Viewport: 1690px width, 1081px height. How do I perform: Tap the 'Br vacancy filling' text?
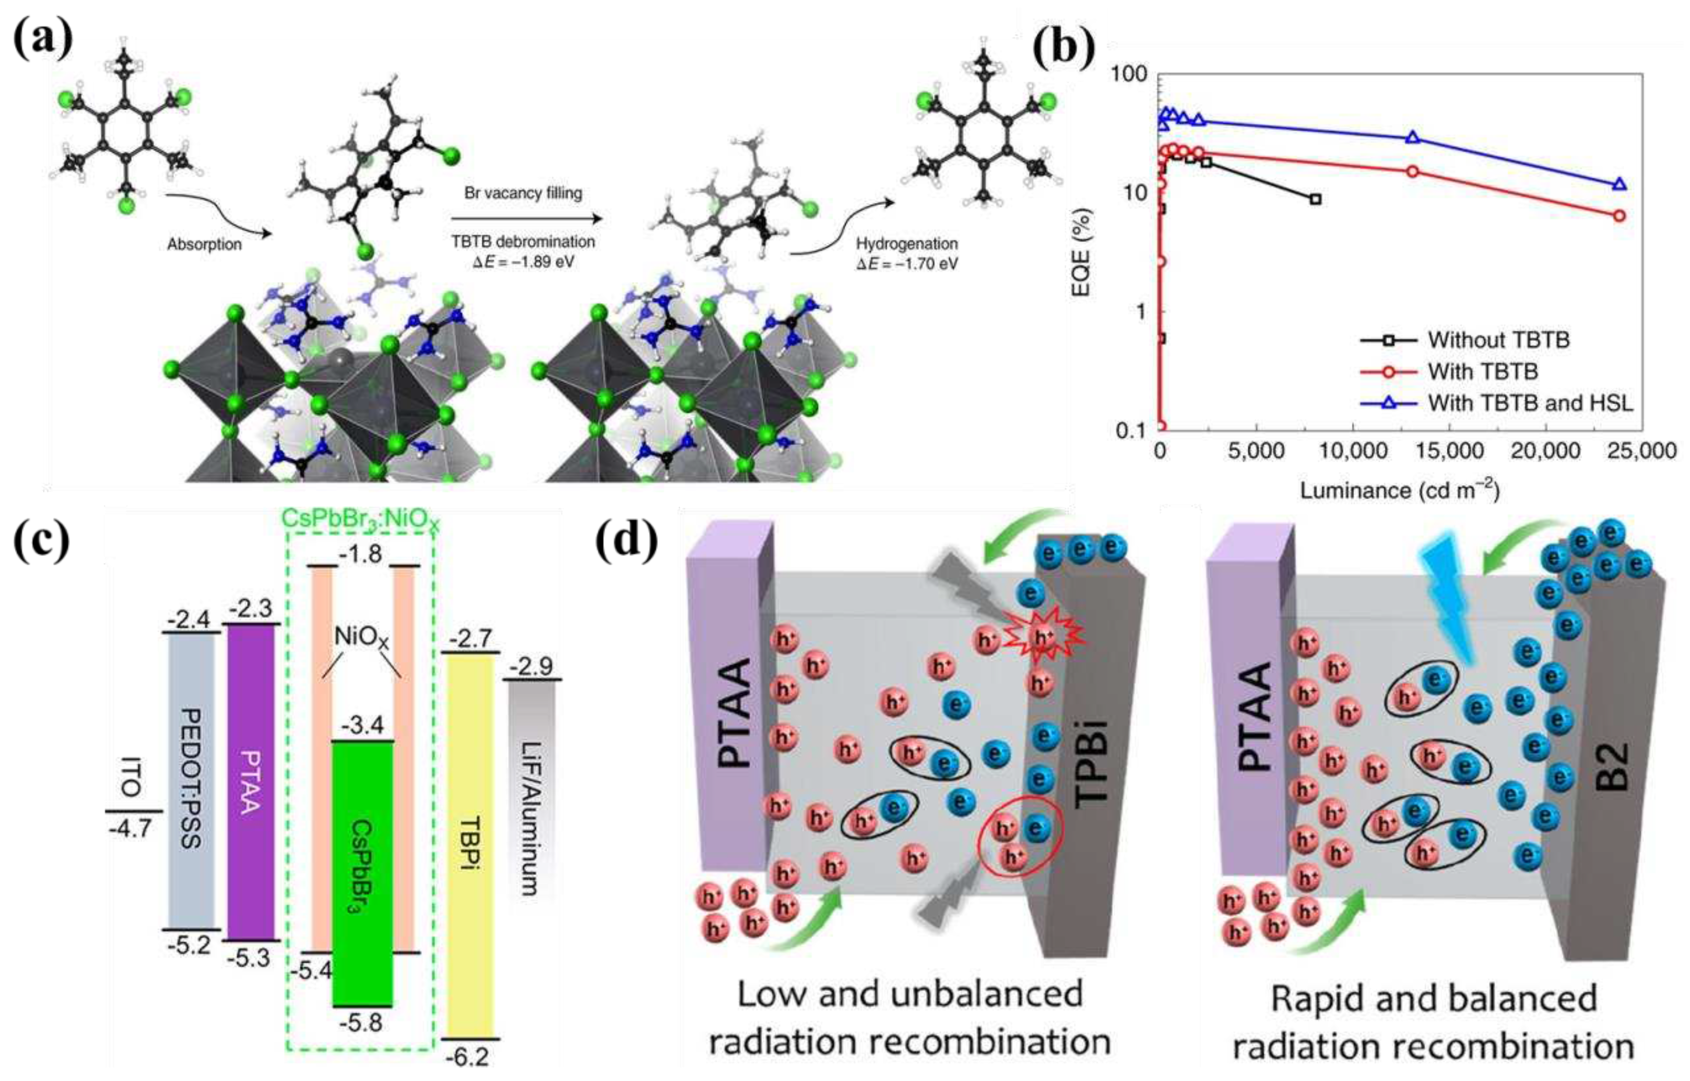tap(523, 192)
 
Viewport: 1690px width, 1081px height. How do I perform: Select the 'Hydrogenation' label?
tap(907, 244)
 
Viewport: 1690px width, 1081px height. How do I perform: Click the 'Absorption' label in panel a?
tap(204, 244)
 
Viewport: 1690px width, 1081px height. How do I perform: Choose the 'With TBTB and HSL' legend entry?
tap(1530, 403)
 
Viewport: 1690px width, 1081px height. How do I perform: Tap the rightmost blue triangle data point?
tap(1619, 185)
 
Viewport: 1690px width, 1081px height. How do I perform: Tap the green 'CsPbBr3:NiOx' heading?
tap(360, 519)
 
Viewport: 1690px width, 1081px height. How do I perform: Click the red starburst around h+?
tap(1044, 636)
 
